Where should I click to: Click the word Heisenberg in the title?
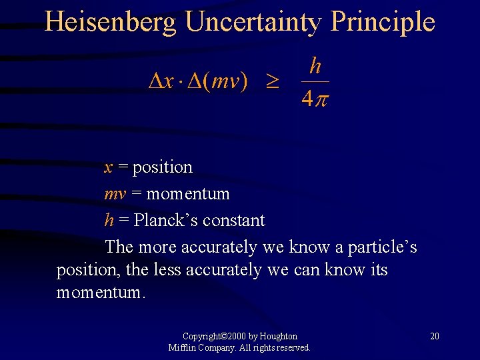111,22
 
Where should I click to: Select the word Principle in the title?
383,22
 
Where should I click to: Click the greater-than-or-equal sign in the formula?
273,83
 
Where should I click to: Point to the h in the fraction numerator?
315,66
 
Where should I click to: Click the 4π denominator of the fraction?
315,99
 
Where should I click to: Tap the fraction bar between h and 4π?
315,82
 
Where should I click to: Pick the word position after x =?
162,167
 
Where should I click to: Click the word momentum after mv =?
187,194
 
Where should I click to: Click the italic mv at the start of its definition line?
113,194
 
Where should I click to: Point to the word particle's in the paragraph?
381,247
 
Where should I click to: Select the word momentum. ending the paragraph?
100,293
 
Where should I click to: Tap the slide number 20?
434,336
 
